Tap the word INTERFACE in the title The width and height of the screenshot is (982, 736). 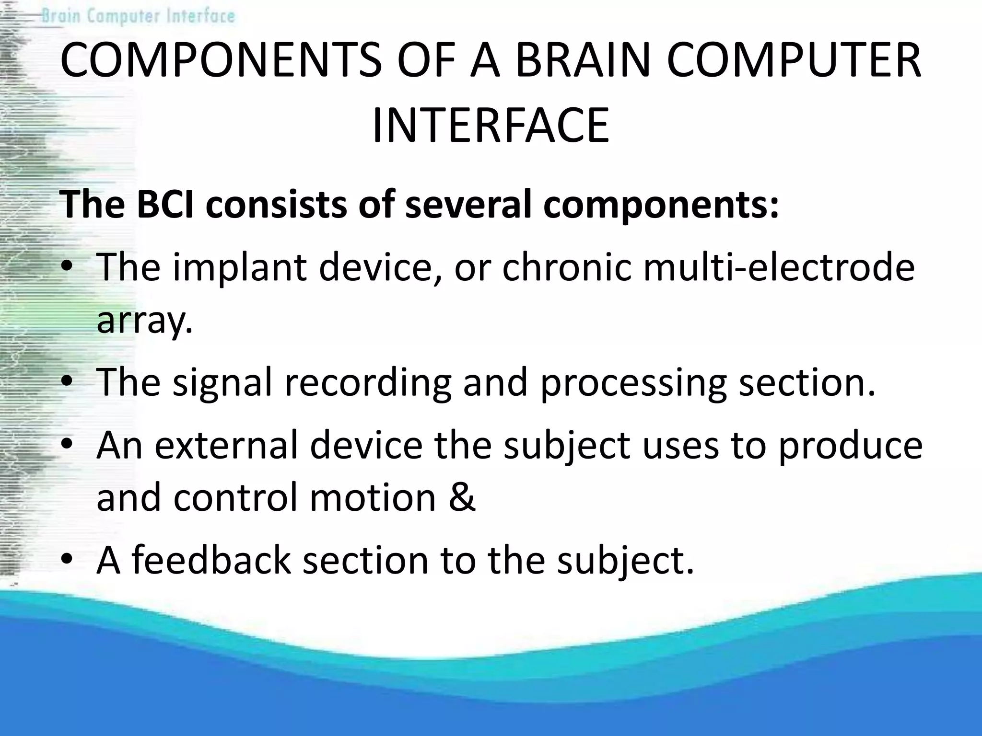[491, 126]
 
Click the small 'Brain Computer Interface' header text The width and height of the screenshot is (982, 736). [138, 16]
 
